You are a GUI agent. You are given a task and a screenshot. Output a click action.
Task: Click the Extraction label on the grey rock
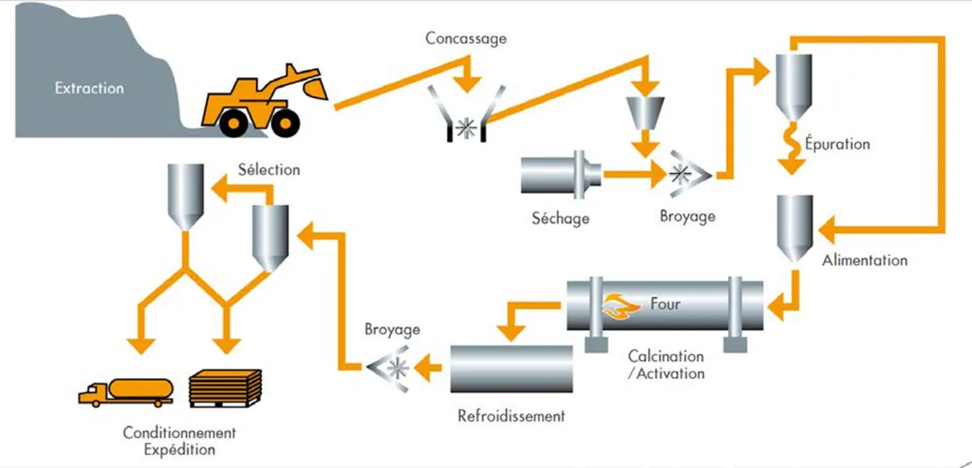[89, 88]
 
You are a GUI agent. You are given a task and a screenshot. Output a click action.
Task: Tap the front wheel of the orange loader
[283, 121]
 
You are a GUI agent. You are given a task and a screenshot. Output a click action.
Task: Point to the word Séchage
[561, 218]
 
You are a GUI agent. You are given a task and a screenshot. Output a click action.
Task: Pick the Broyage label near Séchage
[688, 216]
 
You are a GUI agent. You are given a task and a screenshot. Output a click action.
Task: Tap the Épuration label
[837, 144]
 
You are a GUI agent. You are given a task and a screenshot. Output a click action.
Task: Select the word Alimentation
[864, 261]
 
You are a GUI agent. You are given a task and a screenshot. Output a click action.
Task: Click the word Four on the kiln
[665, 305]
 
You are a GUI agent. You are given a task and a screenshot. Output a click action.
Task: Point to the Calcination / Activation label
[666, 365]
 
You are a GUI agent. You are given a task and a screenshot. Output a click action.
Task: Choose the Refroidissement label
[510, 416]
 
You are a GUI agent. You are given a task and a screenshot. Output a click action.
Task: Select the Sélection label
[269, 170]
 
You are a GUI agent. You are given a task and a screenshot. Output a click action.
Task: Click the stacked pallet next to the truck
[225, 388]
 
